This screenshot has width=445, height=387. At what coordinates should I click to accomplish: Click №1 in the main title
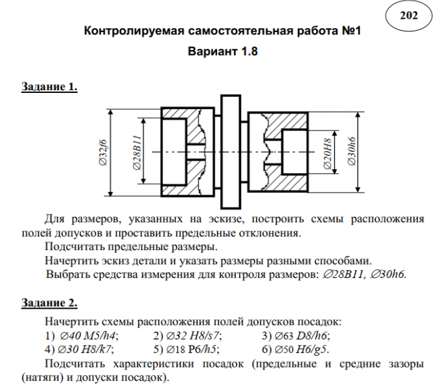click(x=349, y=31)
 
